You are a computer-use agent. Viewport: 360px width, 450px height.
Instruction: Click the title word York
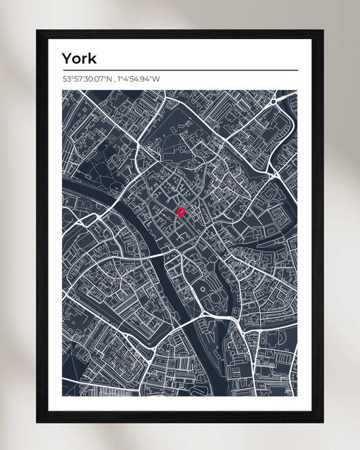78,58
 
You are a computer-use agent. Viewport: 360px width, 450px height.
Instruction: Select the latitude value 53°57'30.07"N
88,79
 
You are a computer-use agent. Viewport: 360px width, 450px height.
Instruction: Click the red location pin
181,213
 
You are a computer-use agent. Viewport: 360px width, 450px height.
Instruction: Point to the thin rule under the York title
180,70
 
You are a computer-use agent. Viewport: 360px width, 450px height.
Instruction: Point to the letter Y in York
67,58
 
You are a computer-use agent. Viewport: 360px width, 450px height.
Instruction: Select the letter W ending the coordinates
157,79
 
